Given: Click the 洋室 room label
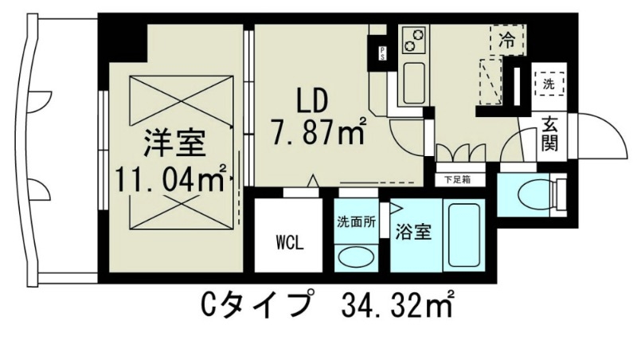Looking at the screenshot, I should point(174,145).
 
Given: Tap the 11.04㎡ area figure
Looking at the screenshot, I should point(171,178).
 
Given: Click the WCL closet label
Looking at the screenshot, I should point(288,242).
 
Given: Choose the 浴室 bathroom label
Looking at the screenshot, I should point(413,233).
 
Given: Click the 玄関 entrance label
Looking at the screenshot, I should point(550,133).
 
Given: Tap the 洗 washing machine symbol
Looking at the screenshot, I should point(549,83).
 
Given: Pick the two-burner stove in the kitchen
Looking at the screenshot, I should point(413,37).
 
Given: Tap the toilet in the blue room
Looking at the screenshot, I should point(533,192).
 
